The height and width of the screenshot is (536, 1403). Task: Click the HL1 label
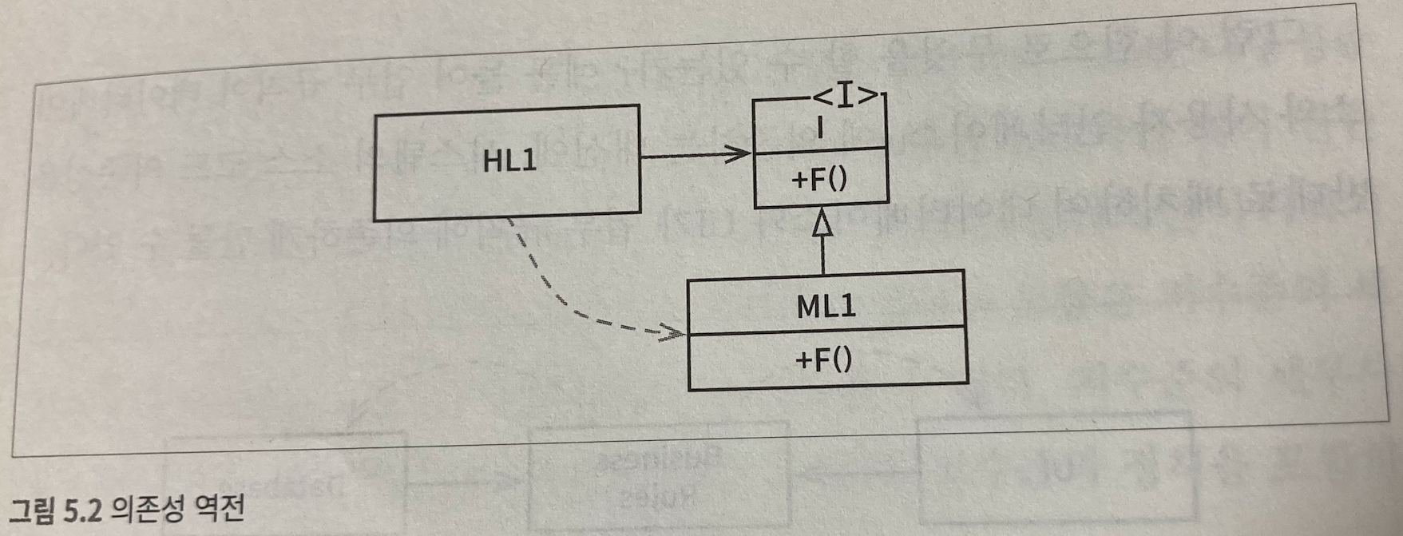tap(509, 161)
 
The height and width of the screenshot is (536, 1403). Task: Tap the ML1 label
tap(826, 307)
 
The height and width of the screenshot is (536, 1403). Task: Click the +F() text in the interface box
tap(819, 180)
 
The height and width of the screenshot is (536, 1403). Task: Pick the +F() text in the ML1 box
tap(824, 360)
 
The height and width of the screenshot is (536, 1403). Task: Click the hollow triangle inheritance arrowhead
tap(822, 224)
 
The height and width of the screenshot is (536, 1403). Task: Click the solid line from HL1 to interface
tap(687, 156)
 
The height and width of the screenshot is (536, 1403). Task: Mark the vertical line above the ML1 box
tap(822, 256)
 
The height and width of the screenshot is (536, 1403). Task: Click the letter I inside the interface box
tap(820, 127)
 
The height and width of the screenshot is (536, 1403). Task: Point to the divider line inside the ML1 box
tap(826, 329)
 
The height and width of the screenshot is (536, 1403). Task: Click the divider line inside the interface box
tap(820, 149)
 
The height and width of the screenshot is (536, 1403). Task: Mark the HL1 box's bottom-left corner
tap(375, 220)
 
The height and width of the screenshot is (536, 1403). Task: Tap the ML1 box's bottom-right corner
tap(968, 383)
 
